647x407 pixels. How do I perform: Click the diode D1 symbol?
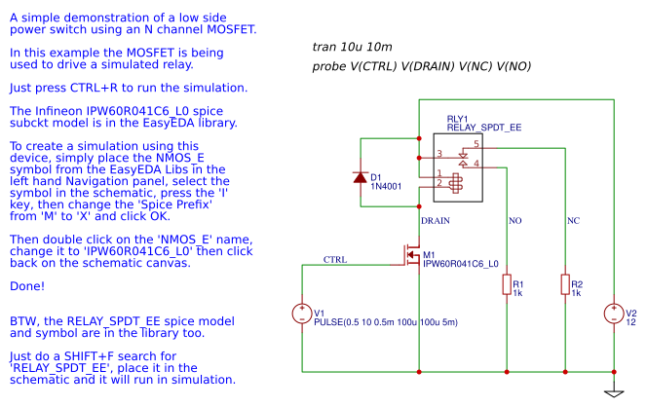point(361,177)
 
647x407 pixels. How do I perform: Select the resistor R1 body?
point(507,284)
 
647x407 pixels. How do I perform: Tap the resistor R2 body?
point(565,284)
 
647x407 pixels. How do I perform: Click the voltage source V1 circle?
point(302,314)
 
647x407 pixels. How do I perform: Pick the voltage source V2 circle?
point(614,314)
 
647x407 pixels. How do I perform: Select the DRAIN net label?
point(435,220)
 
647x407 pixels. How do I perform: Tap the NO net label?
point(514,220)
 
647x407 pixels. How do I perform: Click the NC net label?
point(573,220)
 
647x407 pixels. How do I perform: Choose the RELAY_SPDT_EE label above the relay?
point(483,128)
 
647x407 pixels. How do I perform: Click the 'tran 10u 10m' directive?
point(353,47)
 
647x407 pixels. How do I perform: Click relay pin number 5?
point(476,144)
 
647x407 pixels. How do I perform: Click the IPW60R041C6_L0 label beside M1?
point(461,264)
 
